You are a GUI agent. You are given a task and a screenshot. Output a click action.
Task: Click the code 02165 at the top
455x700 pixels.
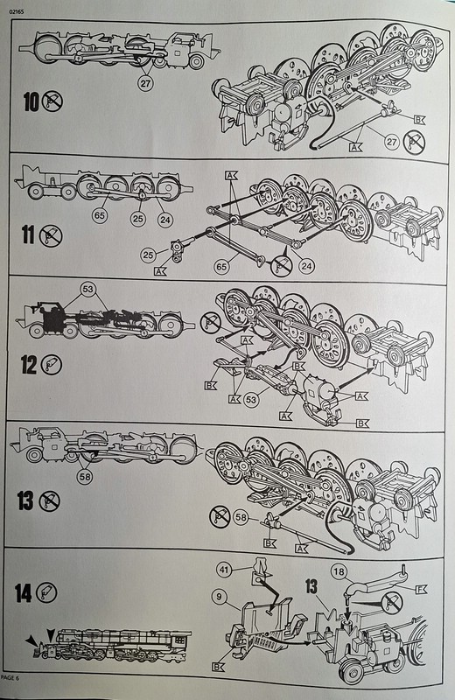(x=15, y=12)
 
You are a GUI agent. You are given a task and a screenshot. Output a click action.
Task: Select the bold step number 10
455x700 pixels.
(x=31, y=102)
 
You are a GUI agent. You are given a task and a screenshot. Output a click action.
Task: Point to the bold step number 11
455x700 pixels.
(x=28, y=234)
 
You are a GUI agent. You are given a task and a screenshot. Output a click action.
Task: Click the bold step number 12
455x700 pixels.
(x=29, y=365)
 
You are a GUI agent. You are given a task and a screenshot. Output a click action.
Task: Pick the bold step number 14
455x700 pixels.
(x=23, y=593)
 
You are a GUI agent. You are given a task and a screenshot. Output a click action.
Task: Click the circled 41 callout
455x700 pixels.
(x=225, y=570)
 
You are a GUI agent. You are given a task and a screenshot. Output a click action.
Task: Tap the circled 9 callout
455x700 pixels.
(x=220, y=597)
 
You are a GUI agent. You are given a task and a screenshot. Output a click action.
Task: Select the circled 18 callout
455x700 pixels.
(x=339, y=572)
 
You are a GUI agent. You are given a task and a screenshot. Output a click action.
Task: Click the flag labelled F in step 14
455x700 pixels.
(x=421, y=589)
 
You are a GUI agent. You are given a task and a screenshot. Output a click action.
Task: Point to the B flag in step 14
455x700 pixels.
(x=219, y=667)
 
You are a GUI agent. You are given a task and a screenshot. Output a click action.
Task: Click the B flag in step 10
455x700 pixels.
(x=419, y=120)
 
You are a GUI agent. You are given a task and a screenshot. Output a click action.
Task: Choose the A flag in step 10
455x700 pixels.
(x=355, y=146)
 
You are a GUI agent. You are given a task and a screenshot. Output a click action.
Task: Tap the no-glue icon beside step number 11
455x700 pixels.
(x=51, y=235)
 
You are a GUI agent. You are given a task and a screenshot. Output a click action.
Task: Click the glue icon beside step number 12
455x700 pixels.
(x=52, y=365)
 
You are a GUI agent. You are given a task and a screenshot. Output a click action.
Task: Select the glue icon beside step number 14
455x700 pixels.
(x=46, y=593)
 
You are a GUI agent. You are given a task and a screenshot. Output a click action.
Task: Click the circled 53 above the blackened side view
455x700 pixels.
(x=88, y=290)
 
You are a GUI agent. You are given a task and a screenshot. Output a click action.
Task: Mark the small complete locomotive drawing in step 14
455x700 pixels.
(x=109, y=645)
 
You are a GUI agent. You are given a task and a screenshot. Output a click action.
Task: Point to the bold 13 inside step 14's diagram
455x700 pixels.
(x=312, y=587)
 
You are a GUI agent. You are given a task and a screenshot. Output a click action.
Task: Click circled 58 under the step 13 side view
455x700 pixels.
(x=84, y=477)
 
